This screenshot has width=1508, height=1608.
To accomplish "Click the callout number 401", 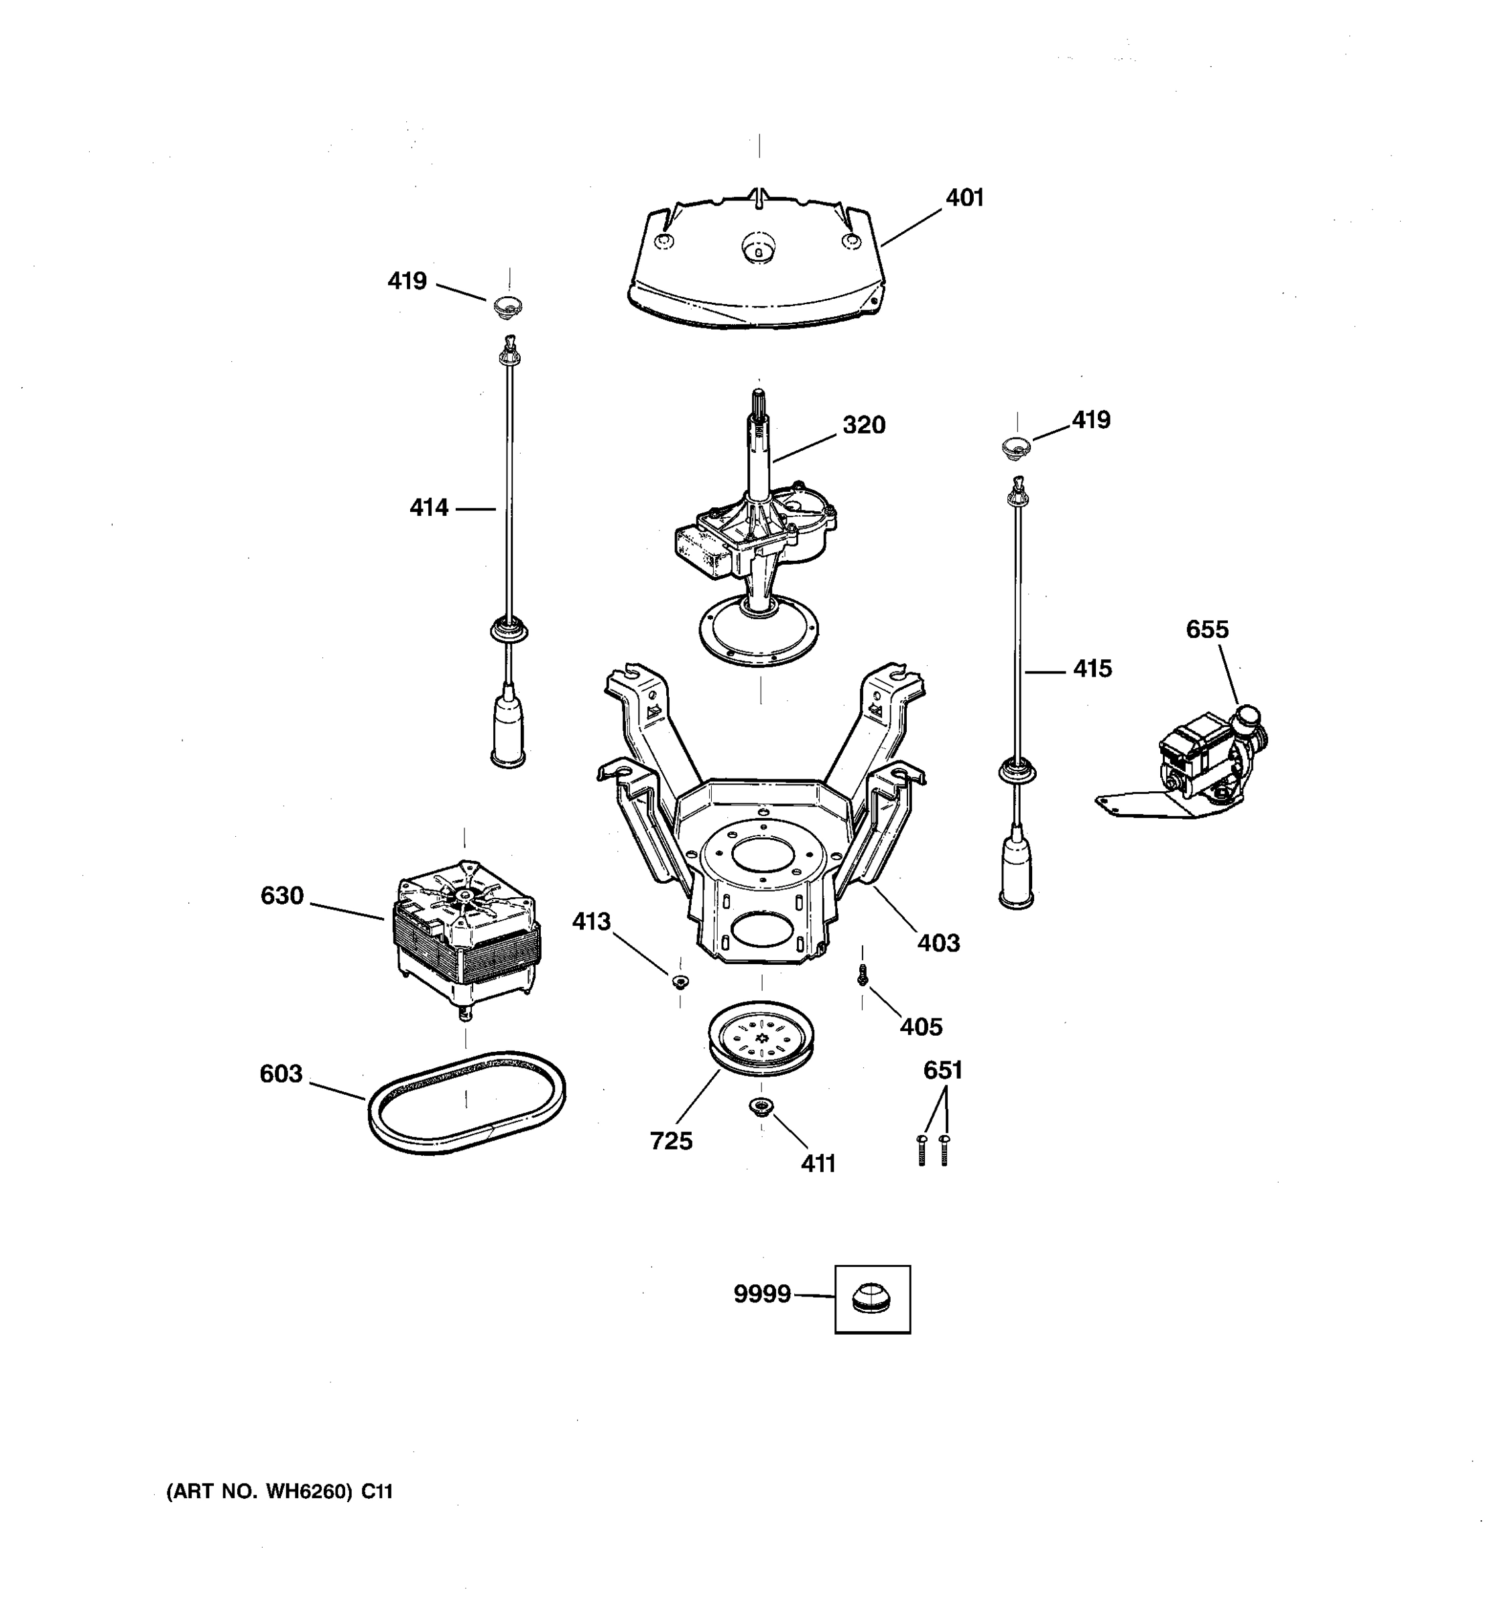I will pyautogui.click(x=964, y=198).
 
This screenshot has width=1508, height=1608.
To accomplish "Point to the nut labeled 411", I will pyautogui.click(x=761, y=1105).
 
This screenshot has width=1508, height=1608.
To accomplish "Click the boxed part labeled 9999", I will pyautogui.click(x=872, y=1299).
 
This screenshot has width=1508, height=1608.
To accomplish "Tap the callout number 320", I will pyautogui.click(x=863, y=425).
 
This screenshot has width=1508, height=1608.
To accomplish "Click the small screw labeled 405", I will pyautogui.click(x=863, y=976).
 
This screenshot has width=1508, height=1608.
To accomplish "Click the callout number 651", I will pyautogui.click(x=942, y=1071).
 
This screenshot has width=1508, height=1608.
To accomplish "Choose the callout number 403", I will pyautogui.click(x=938, y=943).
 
